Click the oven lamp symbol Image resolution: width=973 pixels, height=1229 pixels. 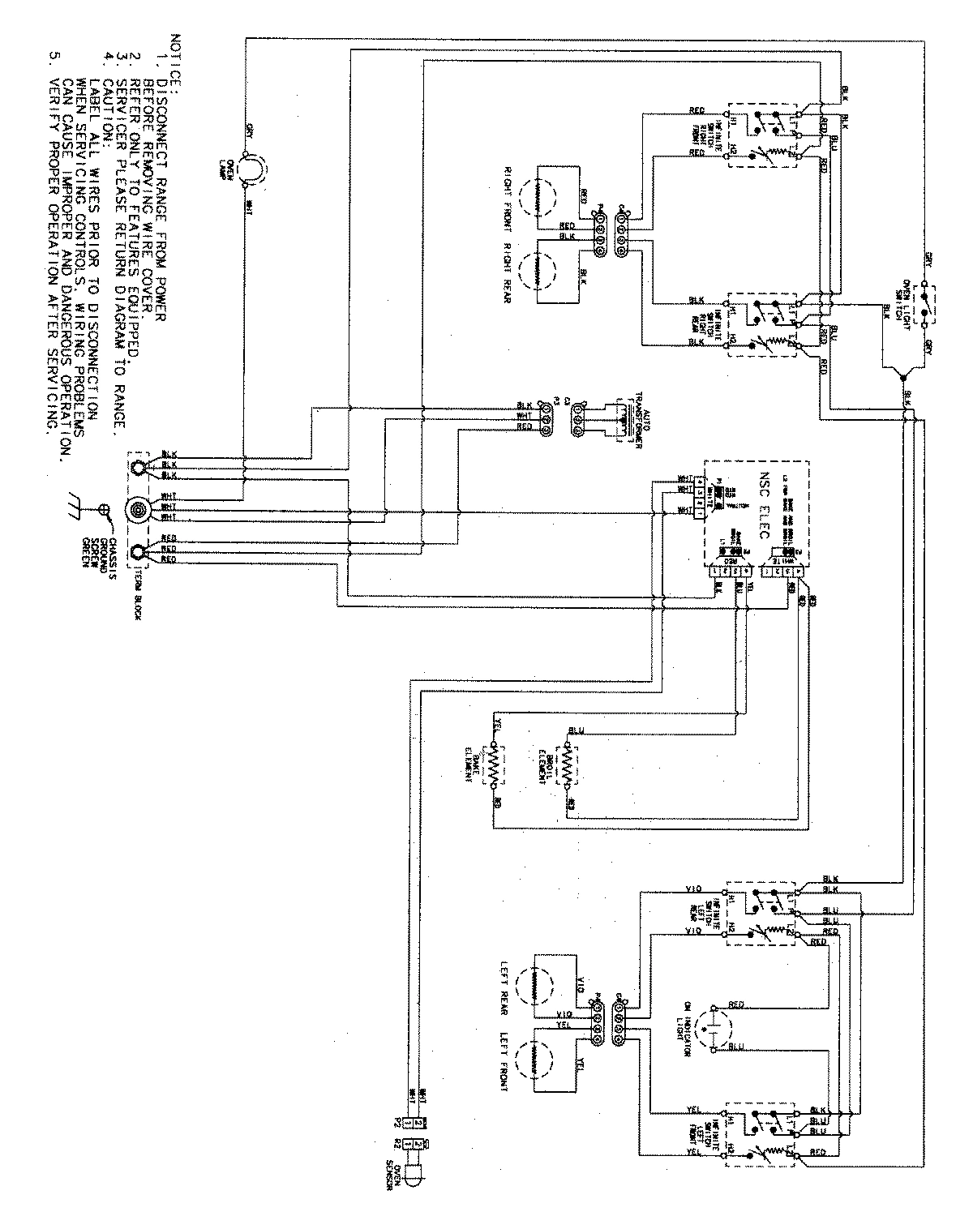254,169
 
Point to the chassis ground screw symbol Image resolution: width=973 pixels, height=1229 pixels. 104,509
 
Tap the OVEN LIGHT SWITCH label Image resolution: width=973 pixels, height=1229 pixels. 902,308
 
